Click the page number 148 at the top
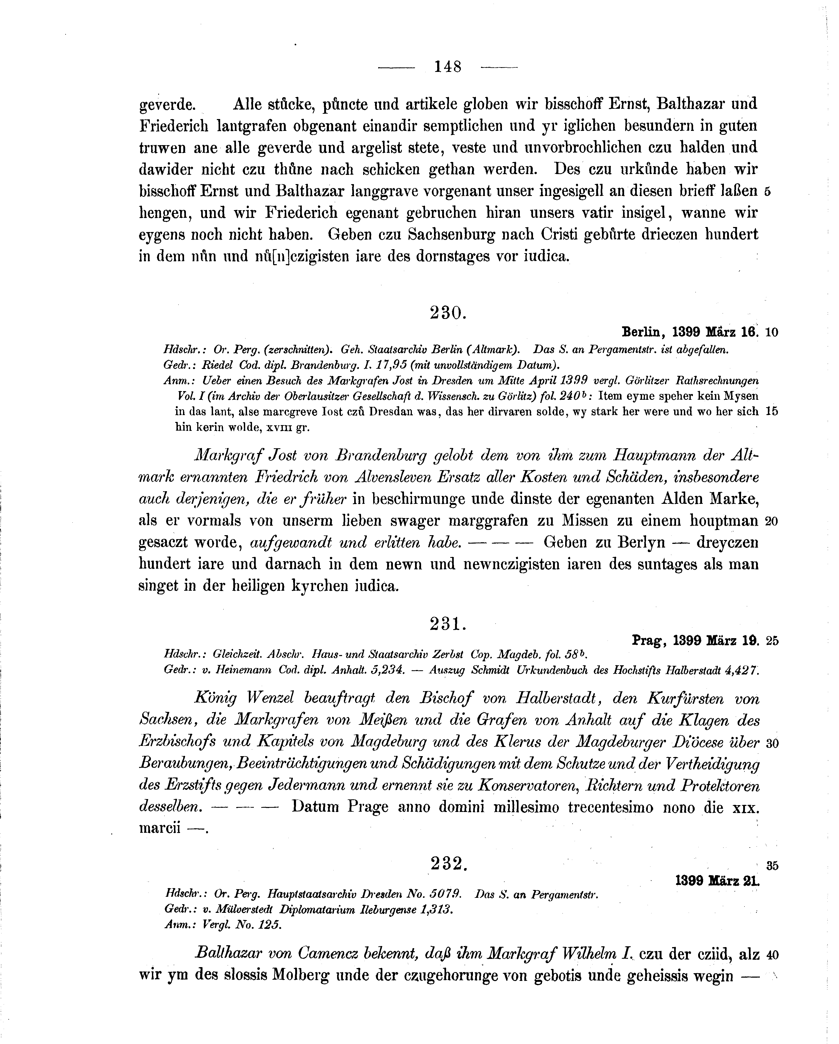[448, 66]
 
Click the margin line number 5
[767, 192]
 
